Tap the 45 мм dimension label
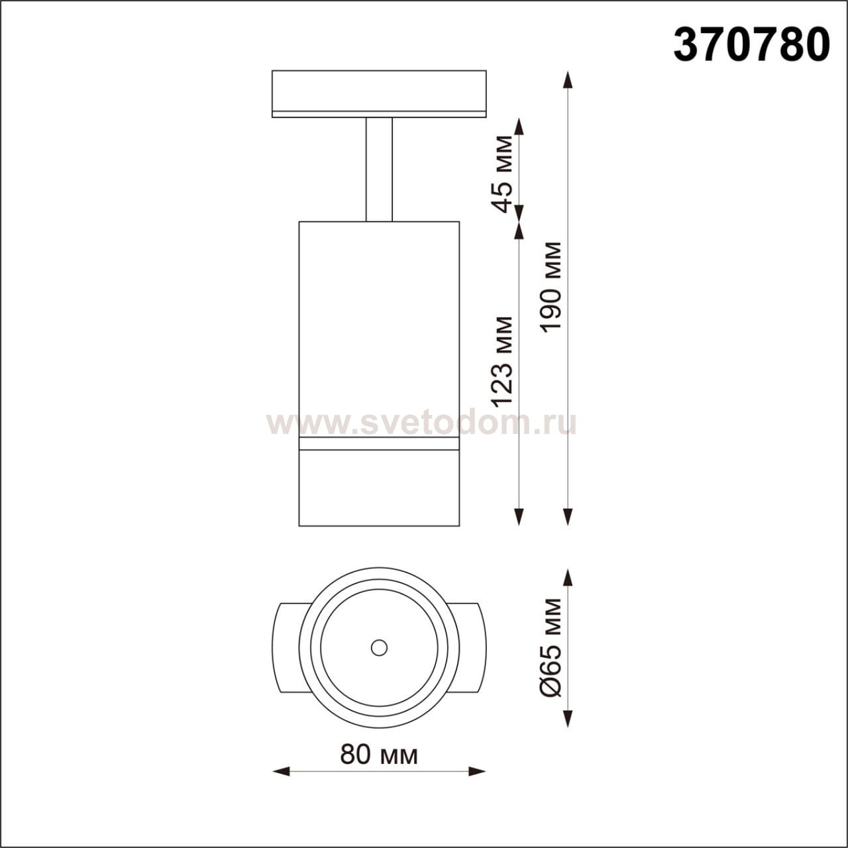(502, 174)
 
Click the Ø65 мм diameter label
(551, 648)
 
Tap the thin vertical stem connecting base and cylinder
(379, 170)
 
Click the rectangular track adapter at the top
(379, 93)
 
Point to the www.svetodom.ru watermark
(421, 424)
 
